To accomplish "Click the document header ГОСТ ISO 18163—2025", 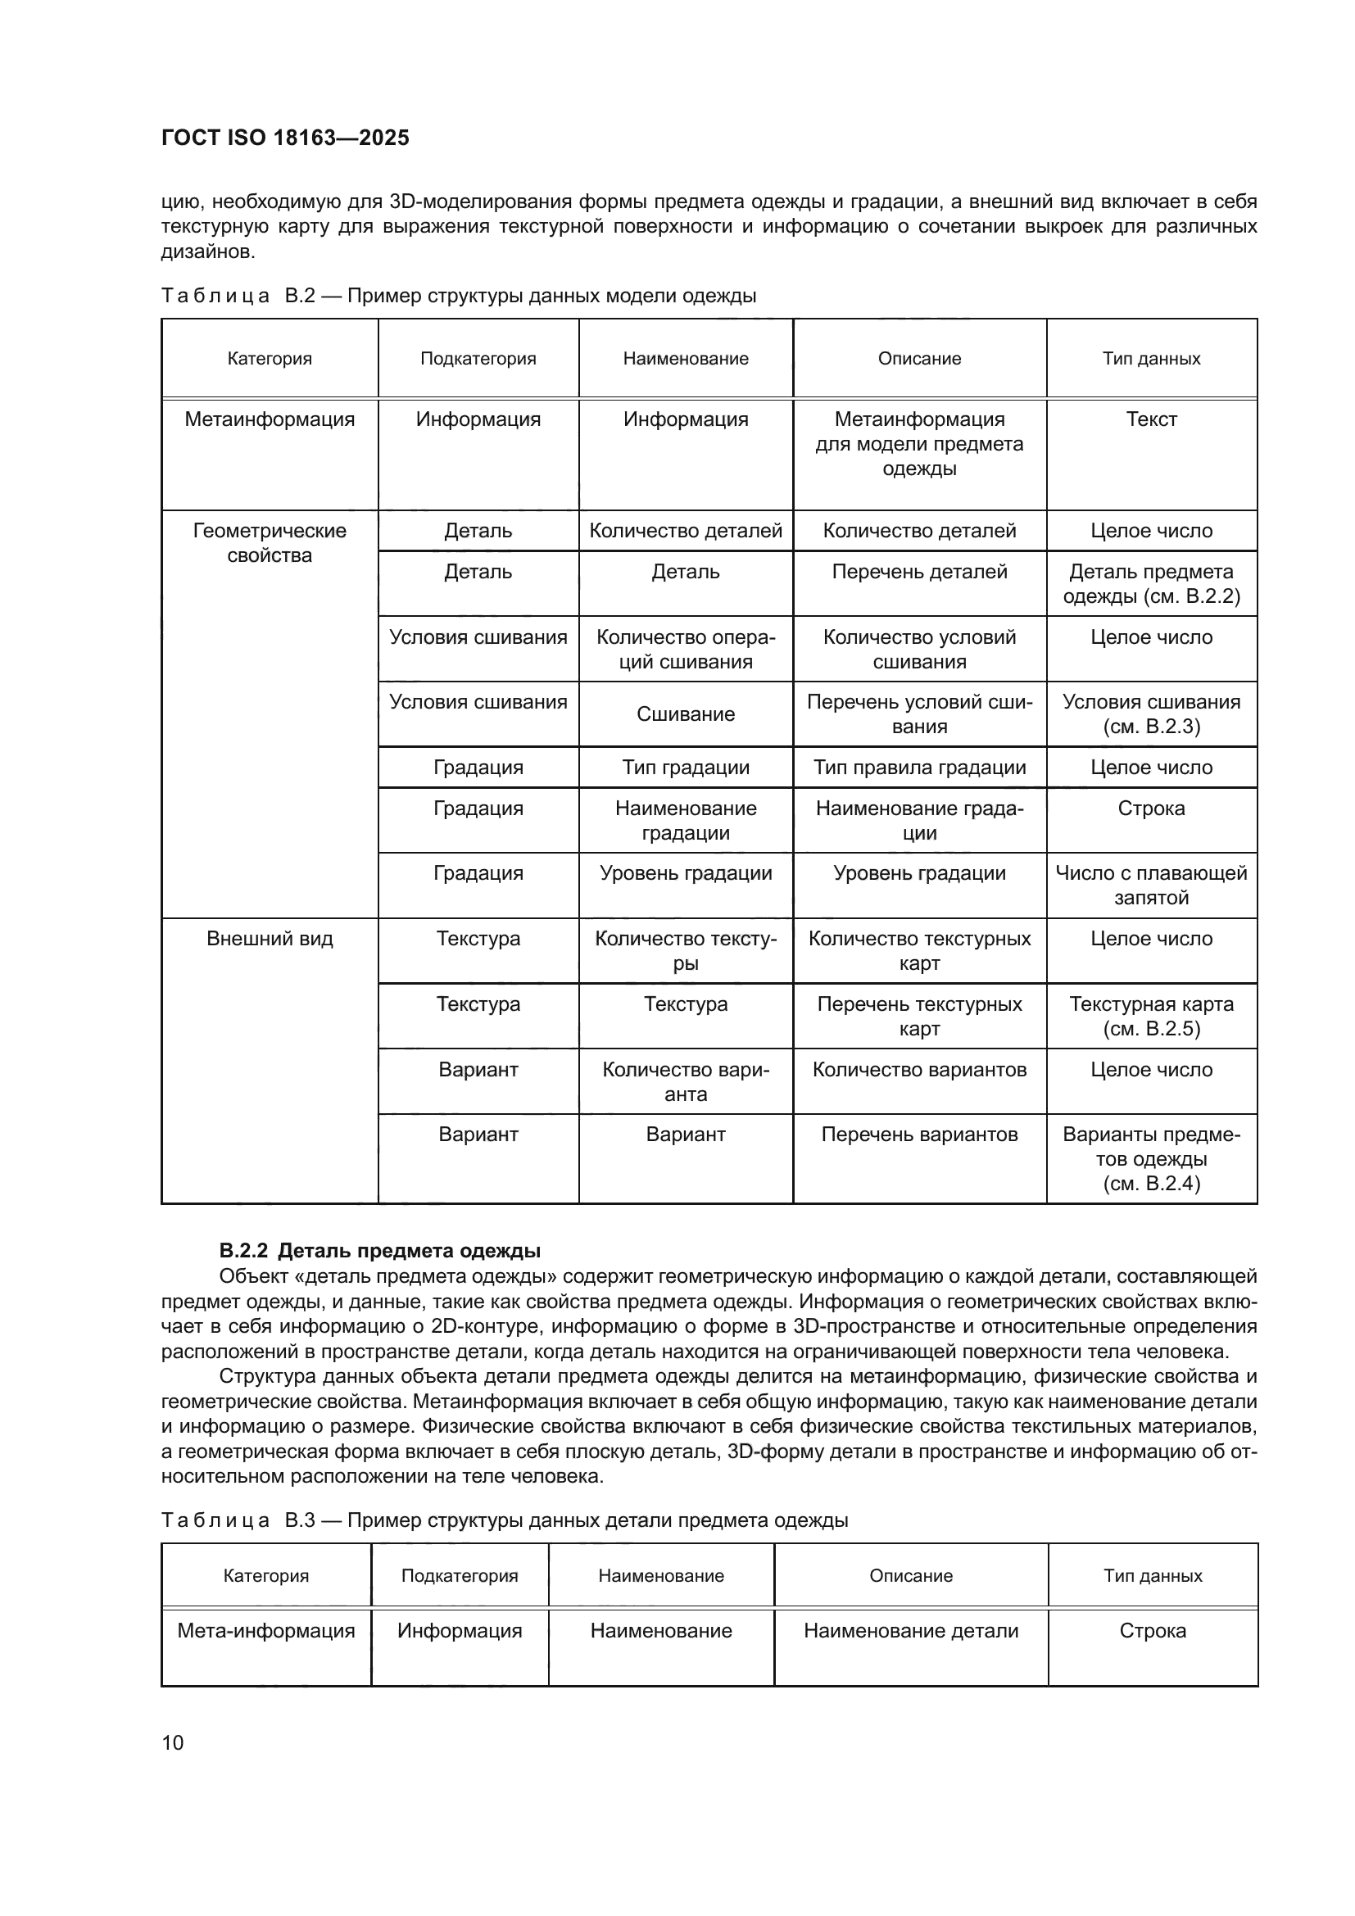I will pyautogui.click(x=285, y=138).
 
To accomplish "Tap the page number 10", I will pyautogui.click(x=173, y=1742).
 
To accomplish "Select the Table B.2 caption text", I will pyautogui.click(x=458, y=296).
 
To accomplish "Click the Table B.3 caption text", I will pyautogui.click(x=504, y=1520).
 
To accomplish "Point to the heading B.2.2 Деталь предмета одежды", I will pyautogui.click(x=379, y=1251).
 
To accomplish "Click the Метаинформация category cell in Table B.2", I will pyautogui.click(x=270, y=419).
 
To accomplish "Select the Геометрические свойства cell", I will pyautogui.click(x=270, y=542).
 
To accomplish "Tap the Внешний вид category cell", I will pyautogui.click(x=270, y=938).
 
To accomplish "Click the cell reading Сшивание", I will pyautogui.click(x=685, y=713).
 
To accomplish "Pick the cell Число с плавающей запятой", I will pyautogui.click(x=1150, y=885).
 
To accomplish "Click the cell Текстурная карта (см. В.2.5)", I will pyautogui.click(x=1150, y=1016).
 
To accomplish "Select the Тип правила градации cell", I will pyautogui.click(x=919, y=767).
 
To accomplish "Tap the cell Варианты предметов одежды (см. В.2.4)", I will pyautogui.click(x=1150, y=1158).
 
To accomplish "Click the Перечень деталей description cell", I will pyautogui.click(x=919, y=572).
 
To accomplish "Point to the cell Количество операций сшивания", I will pyautogui.click(x=685, y=650).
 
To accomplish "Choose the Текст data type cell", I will pyautogui.click(x=1150, y=419).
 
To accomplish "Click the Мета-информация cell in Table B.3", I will pyautogui.click(x=266, y=1630).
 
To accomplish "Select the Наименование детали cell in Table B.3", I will pyautogui.click(x=910, y=1630).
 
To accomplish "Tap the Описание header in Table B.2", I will pyautogui.click(x=919, y=359).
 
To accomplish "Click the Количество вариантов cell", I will pyautogui.click(x=919, y=1069).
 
